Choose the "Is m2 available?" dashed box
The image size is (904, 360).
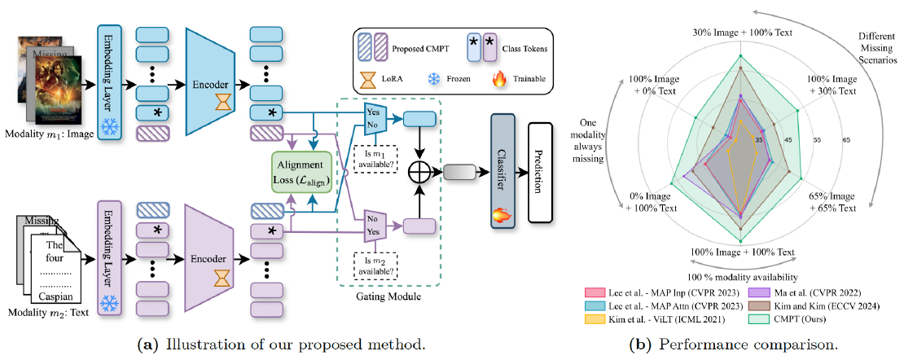click(x=375, y=265)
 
